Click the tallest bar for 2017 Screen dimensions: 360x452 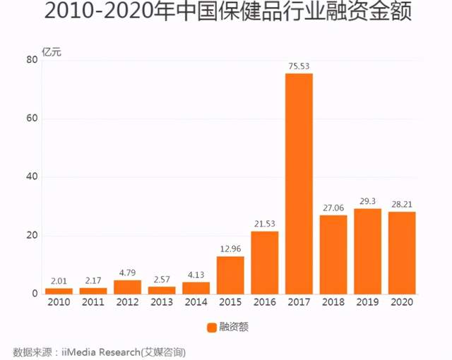pos(299,184)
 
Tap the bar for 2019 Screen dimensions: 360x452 pos(367,251)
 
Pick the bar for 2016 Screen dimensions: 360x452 pos(264,262)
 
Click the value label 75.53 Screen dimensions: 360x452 pos(299,66)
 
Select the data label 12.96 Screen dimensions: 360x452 pos(230,249)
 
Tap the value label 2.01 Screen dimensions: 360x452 pos(59,281)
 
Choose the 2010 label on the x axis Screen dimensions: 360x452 pos(59,302)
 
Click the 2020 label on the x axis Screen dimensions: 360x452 pos(401,302)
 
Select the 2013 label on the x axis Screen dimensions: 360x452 pos(162,302)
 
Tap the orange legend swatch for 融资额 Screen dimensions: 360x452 pos(210,327)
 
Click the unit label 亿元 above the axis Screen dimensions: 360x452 pos(52,50)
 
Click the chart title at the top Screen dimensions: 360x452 pos(226,14)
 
